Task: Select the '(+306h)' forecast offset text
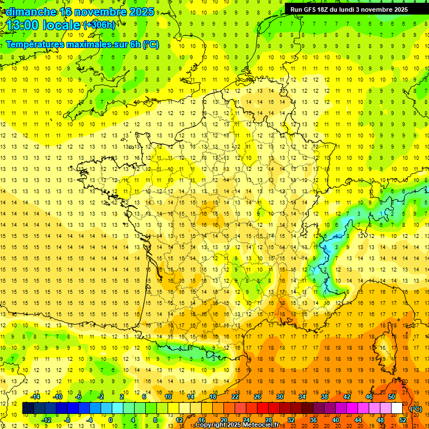point(99,25)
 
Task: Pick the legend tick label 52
point(402,420)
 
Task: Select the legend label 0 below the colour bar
point(111,420)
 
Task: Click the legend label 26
point(258,397)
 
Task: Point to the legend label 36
point(313,420)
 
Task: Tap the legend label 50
point(391,397)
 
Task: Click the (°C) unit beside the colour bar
point(416,409)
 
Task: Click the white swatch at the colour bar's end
point(397,408)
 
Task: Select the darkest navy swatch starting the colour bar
point(28,408)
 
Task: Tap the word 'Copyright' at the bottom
point(211,425)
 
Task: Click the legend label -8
point(68,420)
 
